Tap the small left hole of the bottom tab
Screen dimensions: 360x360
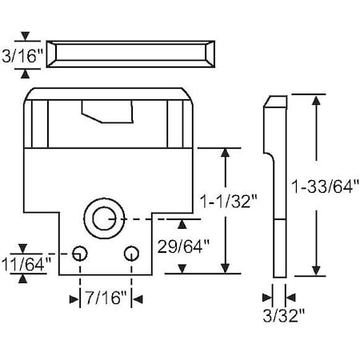click(79, 254)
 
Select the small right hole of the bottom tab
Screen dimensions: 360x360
click(131, 254)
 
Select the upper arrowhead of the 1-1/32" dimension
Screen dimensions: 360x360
click(228, 152)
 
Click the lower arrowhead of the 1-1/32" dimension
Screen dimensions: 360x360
click(228, 267)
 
